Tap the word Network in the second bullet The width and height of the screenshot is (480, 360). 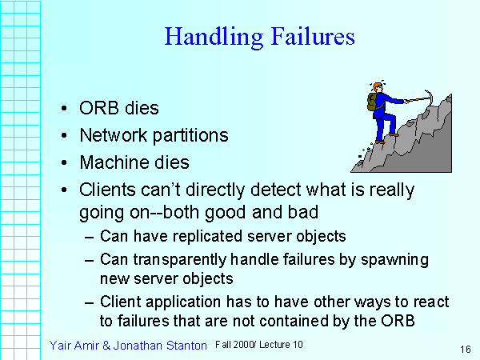coord(111,135)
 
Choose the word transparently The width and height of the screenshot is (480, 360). coord(186,260)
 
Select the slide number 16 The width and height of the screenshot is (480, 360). coord(466,349)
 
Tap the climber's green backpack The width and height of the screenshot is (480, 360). coord(373,102)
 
